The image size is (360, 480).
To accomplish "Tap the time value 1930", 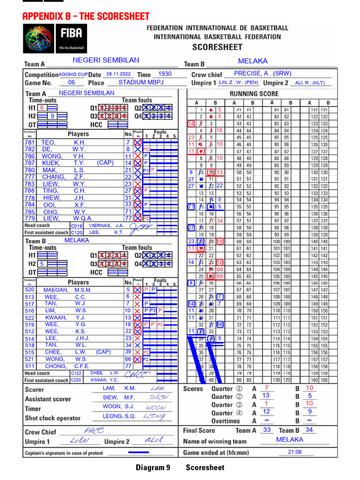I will pyautogui.click(x=165, y=74).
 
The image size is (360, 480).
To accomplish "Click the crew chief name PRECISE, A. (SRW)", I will pyautogui.click(x=262, y=74).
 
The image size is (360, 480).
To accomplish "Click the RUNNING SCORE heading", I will pyautogui.click(x=254, y=94).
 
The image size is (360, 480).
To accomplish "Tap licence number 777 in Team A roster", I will pyautogui.click(x=30, y=177).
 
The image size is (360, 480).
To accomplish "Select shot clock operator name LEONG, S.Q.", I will pyautogui.click(x=119, y=416).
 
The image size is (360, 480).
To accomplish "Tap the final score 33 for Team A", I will pyautogui.click(x=267, y=430).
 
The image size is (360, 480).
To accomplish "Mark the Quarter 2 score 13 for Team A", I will pyautogui.click(x=266, y=396).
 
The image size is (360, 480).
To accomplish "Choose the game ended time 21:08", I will pyautogui.click(x=295, y=452).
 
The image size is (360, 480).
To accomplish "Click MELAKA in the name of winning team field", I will pyautogui.click(x=290, y=440).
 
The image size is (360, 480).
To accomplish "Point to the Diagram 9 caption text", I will pyautogui.click(x=153, y=467).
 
